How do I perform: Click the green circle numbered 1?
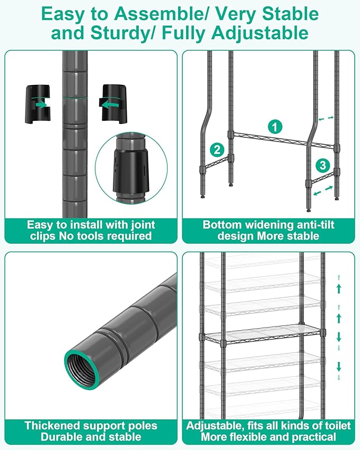click(275, 127)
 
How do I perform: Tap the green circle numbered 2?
click(217, 149)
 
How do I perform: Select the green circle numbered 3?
click(323, 165)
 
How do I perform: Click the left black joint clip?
click(38, 104)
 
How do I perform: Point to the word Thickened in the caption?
click(53, 425)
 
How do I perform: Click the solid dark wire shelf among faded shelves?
click(262, 333)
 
